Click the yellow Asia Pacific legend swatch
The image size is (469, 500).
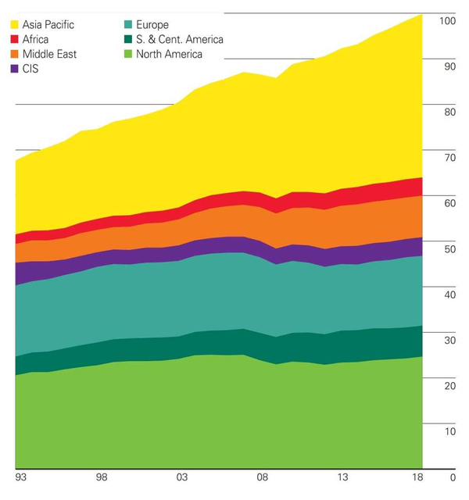pyautogui.click(x=14, y=25)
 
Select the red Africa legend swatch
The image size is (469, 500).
pyautogui.click(x=14, y=40)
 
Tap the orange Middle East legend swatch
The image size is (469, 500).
pyautogui.click(x=14, y=55)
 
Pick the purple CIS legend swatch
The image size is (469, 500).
pyautogui.click(x=14, y=70)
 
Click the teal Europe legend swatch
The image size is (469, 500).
pyautogui.click(x=127, y=25)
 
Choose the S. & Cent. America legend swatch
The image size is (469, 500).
pyautogui.click(x=127, y=40)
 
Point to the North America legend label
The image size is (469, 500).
pyautogui.click(x=169, y=55)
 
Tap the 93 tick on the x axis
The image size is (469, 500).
pyautogui.click(x=20, y=476)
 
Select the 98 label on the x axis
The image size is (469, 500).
pyautogui.click(x=101, y=476)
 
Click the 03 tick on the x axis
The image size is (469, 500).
pyautogui.click(x=181, y=476)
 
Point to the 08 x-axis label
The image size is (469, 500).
pyautogui.click(x=263, y=476)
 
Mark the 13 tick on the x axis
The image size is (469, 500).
pyautogui.click(x=343, y=476)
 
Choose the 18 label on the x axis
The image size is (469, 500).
pyautogui.click(x=418, y=476)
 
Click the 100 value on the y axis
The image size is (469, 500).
pyautogui.click(x=447, y=21)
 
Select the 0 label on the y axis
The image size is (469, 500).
pyautogui.click(x=452, y=477)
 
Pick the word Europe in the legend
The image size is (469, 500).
pyautogui.click(x=152, y=25)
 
